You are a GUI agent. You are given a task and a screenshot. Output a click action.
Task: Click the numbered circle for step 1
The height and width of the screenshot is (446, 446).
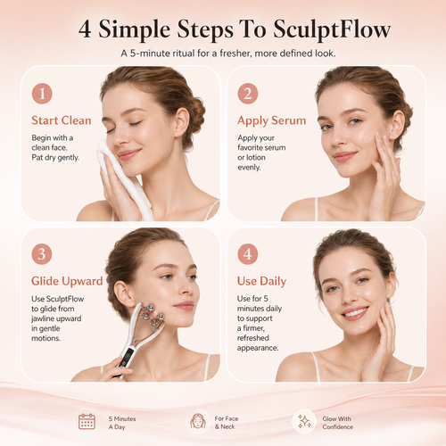(42, 94)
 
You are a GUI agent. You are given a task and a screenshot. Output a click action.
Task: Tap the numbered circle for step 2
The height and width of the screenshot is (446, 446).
(248, 94)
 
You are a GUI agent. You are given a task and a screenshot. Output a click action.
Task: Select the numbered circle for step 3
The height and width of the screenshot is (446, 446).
(42, 254)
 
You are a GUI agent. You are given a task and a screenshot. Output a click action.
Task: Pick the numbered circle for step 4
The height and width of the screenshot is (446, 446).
(248, 254)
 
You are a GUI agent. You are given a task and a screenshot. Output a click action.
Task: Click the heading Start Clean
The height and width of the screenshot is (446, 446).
(62, 120)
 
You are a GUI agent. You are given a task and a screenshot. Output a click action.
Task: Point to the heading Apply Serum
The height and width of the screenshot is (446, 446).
(272, 120)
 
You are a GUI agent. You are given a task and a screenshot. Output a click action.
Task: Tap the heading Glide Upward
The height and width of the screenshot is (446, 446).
(67, 281)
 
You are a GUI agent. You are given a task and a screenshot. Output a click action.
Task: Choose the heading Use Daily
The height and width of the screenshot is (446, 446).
(261, 281)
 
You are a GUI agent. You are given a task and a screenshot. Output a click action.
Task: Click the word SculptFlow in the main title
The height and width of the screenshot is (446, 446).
(332, 29)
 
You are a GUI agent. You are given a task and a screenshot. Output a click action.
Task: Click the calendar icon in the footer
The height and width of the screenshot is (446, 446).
(87, 422)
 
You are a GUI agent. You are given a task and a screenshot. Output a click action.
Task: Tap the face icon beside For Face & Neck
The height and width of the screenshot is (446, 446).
(198, 422)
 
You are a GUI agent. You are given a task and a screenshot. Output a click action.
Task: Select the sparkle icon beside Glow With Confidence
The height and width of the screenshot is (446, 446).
(304, 422)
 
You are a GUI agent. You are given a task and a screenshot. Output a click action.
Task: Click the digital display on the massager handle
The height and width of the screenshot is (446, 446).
(128, 356)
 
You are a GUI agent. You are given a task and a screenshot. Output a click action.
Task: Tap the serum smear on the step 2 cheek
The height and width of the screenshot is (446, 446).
(368, 137)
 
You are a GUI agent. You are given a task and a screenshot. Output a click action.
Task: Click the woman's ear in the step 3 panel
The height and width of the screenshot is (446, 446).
(122, 293)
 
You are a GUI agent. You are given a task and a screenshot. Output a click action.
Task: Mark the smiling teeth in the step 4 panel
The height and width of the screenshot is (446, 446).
(355, 312)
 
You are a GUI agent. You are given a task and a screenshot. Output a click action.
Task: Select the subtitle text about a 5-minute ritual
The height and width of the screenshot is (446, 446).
(228, 54)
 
